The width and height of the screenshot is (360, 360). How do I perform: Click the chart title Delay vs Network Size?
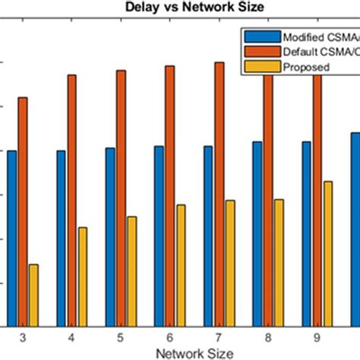[x=180, y=8]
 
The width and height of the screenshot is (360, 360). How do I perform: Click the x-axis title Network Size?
[x=180, y=352]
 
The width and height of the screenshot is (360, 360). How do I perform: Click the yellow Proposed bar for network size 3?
[x=33, y=295]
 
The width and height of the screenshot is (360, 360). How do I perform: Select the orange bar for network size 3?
[x=23, y=212]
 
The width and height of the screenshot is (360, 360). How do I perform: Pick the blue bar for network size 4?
[x=61, y=238]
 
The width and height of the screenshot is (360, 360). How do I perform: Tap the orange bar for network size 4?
[x=71, y=201]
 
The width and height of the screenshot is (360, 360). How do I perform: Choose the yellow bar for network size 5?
[x=131, y=271]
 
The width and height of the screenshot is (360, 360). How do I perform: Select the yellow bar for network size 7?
[x=229, y=264]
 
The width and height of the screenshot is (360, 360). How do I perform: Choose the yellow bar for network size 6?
[x=181, y=265]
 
